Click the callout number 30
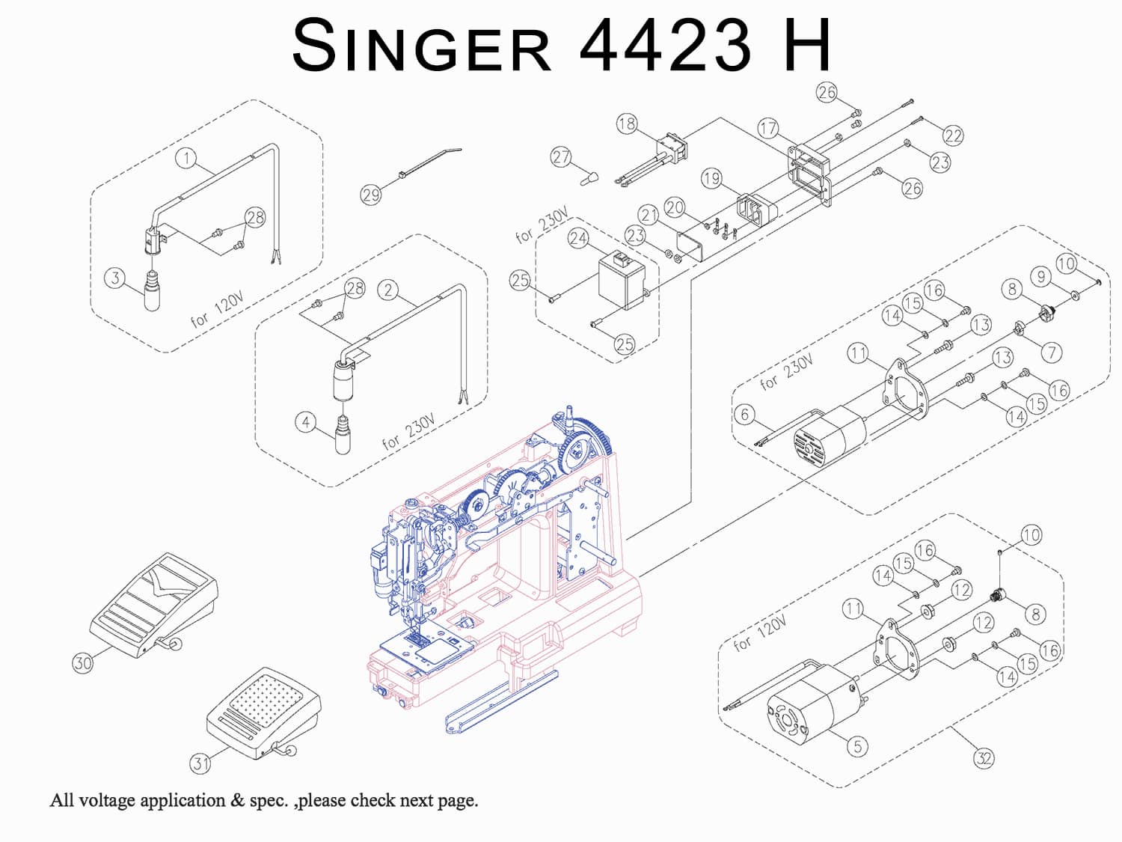[x=82, y=662]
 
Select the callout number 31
[x=200, y=763]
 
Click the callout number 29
[x=371, y=195]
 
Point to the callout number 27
[x=561, y=157]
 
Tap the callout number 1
[x=186, y=158]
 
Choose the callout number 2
[x=387, y=290]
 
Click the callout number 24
[x=578, y=238]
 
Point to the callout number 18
[x=627, y=123]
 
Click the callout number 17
[x=768, y=128]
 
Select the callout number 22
[x=953, y=135]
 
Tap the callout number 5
[x=857, y=745]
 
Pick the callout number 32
[x=984, y=758]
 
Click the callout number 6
[x=744, y=414]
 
